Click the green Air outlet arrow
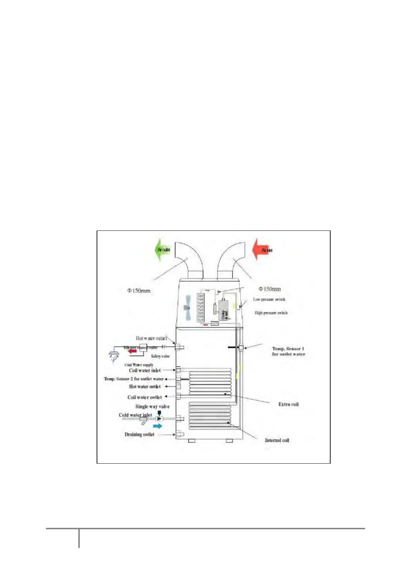pos(162,249)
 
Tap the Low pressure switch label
pos(269,299)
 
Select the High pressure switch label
pos(271,313)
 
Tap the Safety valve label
pos(160,356)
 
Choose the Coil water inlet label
pos(145,371)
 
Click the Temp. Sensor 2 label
pos(134,379)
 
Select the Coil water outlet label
pos(145,397)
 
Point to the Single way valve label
pos(152,406)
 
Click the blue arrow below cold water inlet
pos(157,426)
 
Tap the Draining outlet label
pos(139,434)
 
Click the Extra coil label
pos(288,404)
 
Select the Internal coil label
pos(277,440)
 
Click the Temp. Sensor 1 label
pos(288,351)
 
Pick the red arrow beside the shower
pos(131,351)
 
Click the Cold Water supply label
pos(139,365)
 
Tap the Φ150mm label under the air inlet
pos(270,289)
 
